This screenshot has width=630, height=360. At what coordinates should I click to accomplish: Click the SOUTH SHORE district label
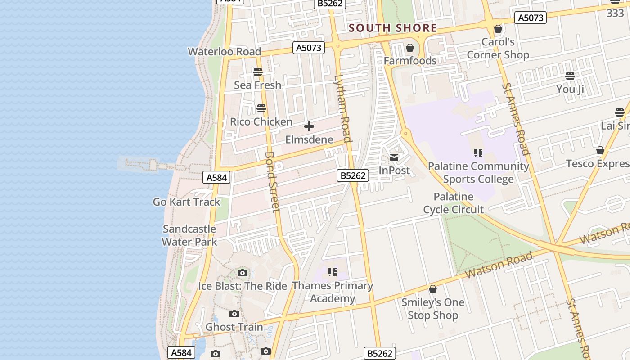(x=392, y=28)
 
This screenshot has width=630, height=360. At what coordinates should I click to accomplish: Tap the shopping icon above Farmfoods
(x=410, y=48)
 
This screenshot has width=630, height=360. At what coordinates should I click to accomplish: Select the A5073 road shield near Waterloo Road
(x=309, y=48)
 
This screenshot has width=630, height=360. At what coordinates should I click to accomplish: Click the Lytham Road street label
(x=342, y=108)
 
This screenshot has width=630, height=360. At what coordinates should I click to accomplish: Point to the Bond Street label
(x=272, y=181)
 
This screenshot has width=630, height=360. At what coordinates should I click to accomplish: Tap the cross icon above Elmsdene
(x=309, y=126)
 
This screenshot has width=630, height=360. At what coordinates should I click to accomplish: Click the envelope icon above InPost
(x=394, y=157)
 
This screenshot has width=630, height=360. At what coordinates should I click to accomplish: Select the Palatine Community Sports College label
(x=478, y=173)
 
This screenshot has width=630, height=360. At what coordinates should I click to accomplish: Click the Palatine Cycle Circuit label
(x=453, y=203)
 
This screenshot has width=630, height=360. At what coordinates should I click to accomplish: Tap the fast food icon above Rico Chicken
(x=261, y=108)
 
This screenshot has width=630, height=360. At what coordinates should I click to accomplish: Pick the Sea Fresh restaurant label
(x=257, y=85)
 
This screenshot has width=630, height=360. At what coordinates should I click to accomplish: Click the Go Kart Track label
(x=186, y=202)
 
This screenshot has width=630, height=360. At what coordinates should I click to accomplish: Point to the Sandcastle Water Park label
(x=189, y=235)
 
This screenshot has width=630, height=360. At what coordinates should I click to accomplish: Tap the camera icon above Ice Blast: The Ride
(x=243, y=273)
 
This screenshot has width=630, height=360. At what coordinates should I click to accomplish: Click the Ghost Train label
(x=234, y=327)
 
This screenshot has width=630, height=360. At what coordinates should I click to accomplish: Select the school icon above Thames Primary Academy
(x=333, y=272)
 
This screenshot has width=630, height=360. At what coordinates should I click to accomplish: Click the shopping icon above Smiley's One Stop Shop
(x=433, y=289)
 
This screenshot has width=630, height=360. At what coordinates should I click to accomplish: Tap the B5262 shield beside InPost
(x=353, y=175)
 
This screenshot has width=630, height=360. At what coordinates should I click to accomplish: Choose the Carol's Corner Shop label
(x=498, y=49)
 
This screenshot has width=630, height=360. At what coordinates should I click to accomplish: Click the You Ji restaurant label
(x=570, y=89)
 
